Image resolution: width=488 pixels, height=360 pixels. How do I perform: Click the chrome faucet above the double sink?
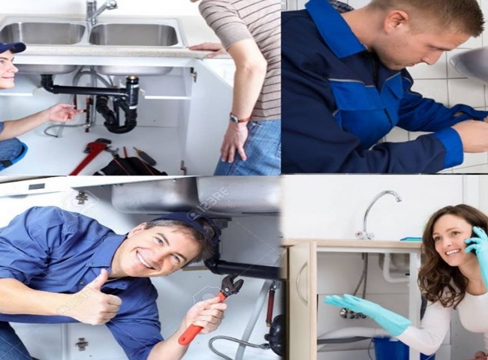pos(95,10)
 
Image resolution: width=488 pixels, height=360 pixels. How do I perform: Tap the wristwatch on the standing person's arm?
pos(238,118)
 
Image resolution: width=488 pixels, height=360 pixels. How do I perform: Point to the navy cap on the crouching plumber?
pos(12,47)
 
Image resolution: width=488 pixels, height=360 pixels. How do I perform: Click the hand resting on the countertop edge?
pos(208,49)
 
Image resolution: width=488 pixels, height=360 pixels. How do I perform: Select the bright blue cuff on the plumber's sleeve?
pos(450,146)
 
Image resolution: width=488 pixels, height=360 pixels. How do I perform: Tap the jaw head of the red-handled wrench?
pos(230,285)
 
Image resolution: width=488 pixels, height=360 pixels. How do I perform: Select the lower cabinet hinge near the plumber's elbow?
pos(81,343)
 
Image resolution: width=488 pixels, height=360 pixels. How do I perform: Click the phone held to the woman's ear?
pos(472,244)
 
